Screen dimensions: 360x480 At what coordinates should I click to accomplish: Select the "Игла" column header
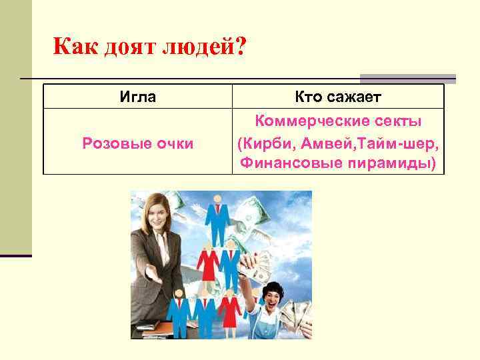pos(138,97)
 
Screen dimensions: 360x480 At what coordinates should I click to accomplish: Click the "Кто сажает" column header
pos(338,97)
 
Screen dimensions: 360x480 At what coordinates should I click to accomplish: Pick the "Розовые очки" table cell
pos(138,143)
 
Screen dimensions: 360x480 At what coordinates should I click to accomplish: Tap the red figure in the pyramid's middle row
pos(207,263)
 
